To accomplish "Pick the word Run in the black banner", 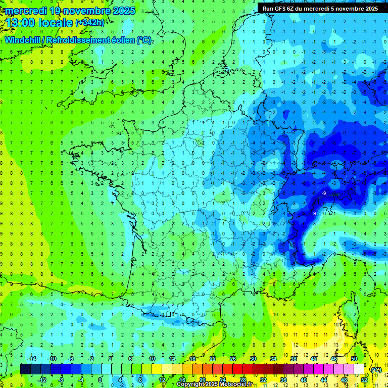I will click(269, 9).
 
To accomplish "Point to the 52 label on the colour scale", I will click(364, 380).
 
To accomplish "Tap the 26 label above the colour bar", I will click(232, 359).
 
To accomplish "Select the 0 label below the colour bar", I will click(100, 380).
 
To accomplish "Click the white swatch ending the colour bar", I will click(359, 369).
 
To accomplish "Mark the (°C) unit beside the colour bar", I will click(376, 370).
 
